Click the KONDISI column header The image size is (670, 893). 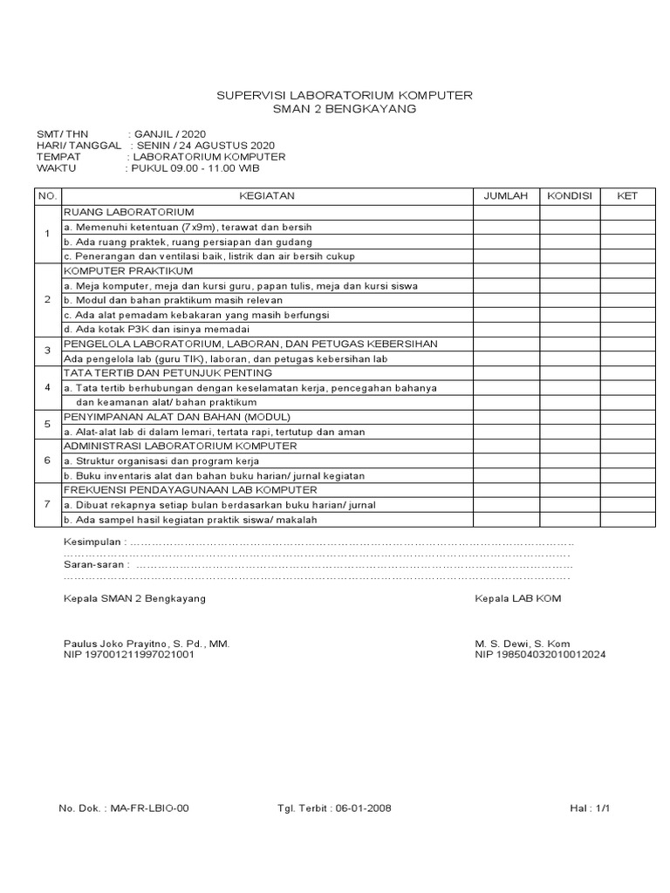[569, 196]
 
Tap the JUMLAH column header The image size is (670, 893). [506, 196]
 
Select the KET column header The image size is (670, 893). [627, 196]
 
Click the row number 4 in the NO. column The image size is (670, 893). [47, 387]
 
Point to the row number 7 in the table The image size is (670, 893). [47, 505]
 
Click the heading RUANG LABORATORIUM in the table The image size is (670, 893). [129, 212]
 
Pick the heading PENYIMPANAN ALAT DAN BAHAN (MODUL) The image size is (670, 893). [177, 417]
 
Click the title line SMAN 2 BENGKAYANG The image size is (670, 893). [345, 109]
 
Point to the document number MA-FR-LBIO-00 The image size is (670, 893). [147, 808]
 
